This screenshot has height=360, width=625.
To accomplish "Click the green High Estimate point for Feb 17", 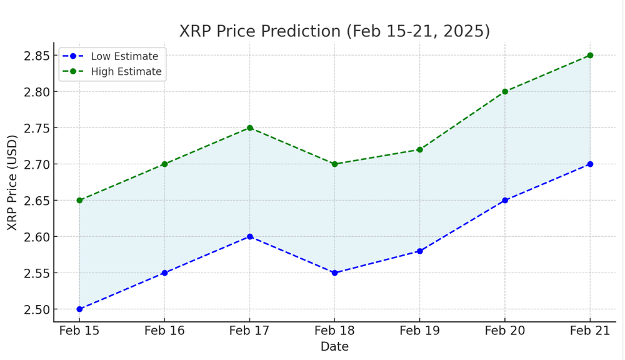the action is click(x=249, y=128).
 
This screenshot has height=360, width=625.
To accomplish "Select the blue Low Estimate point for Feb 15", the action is click(x=79, y=309).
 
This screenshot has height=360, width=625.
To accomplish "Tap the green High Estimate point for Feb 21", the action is click(x=590, y=56).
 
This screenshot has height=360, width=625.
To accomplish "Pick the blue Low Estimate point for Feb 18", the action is click(x=334, y=273).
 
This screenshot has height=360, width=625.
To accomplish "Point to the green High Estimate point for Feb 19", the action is click(x=420, y=149).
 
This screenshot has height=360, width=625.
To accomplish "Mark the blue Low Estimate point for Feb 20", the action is click(x=505, y=200).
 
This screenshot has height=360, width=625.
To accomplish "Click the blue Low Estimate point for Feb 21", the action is click(x=590, y=164).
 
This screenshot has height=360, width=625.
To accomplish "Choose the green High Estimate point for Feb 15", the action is click(x=79, y=200).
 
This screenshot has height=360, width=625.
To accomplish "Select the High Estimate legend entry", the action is click(x=112, y=71).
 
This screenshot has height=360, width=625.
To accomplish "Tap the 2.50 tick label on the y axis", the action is click(x=37, y=309).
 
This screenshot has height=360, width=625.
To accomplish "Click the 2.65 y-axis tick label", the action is click(x=37, y=201).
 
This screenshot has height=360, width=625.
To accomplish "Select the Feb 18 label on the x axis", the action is click(x=334, y=331).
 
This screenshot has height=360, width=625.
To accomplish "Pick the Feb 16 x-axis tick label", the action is click(x=164, y=331).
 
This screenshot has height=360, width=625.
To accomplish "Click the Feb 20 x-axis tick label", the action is click(x=504, y=331).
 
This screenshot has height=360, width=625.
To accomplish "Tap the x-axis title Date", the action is click(x=334, y=346).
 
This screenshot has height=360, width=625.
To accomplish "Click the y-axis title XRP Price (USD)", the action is click(x=12, y=182).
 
